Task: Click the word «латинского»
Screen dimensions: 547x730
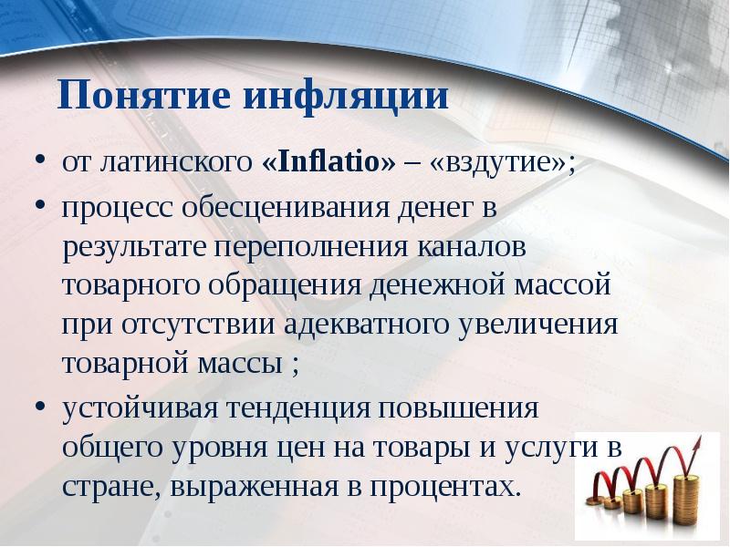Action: (172, 165)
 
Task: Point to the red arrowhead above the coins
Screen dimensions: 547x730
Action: (697, 445)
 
